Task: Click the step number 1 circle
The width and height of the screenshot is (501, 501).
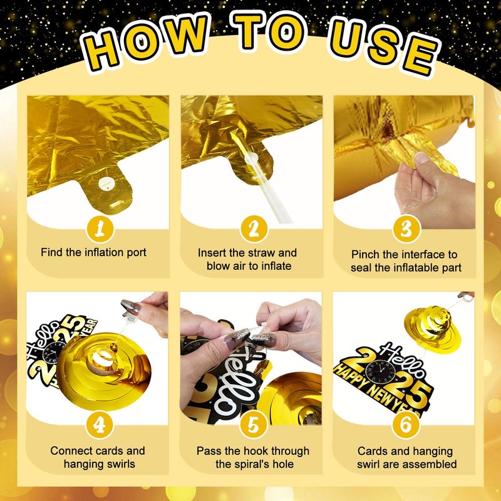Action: click(x=100, y=229)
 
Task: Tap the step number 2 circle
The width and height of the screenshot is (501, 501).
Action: click(x=254, y=229)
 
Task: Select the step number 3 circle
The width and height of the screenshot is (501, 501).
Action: click(x=406, y=229)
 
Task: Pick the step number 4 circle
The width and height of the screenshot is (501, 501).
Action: click(x=100, y=425)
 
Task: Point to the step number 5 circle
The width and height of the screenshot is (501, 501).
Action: click(x=254, y=425)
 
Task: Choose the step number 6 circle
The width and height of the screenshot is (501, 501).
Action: click(x=406, y=425)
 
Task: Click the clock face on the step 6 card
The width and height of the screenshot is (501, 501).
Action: click(x=380, y=372)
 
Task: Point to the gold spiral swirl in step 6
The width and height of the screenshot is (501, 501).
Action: click(x=432, y=329)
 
